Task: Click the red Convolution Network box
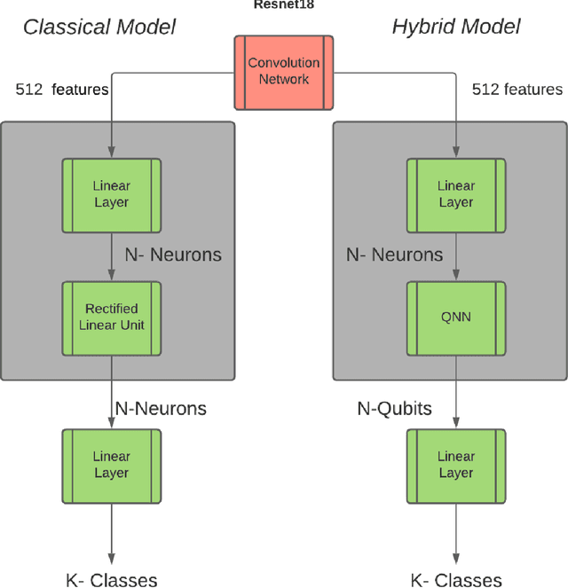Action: tap(284, 72)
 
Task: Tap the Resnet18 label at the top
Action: tap(283, 4)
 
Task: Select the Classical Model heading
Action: tap(99, 27)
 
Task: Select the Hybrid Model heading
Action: tap(456, 27)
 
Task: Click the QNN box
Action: tap(456, 317)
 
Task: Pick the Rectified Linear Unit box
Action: tap(112, 317)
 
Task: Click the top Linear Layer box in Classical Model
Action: tap(112, 194)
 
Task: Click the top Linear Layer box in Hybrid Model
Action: tap(456, 194)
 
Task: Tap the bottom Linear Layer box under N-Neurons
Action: tap(112, 465)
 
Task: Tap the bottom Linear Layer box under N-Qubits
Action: tap(456, 465)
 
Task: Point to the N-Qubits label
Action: tap(394, 409)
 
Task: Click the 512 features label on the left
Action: tap(62, 90)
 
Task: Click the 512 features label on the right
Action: tap(517, 90)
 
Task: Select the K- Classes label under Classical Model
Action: tap(112, 581)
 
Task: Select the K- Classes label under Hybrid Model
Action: tap(456, 581)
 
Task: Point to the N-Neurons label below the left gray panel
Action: tap(161, 409)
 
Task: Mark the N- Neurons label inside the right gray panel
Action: tap(394, 255)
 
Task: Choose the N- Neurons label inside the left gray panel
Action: tap(173, 255)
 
